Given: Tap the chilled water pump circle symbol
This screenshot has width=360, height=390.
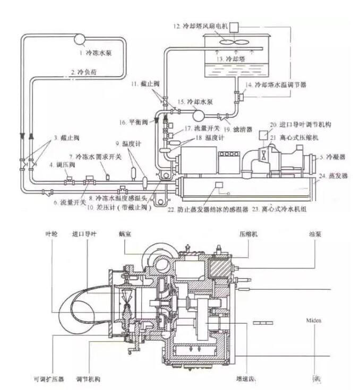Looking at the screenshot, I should click(81, 39).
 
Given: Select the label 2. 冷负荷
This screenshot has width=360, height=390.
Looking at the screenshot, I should click(84, 71).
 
